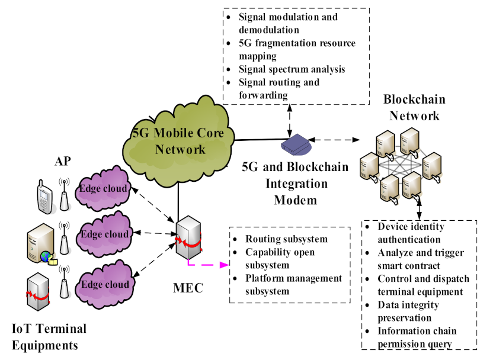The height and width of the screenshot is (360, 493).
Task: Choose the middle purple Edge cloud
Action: [x=105, y=234]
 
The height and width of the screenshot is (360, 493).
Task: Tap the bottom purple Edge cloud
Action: [x=105, y=284]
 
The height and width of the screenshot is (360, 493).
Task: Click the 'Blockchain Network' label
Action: [x=414, y=107]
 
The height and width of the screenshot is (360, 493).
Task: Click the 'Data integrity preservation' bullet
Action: [x=408, y=311]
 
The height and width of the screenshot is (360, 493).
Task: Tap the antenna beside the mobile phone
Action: [x=63, y=195]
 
